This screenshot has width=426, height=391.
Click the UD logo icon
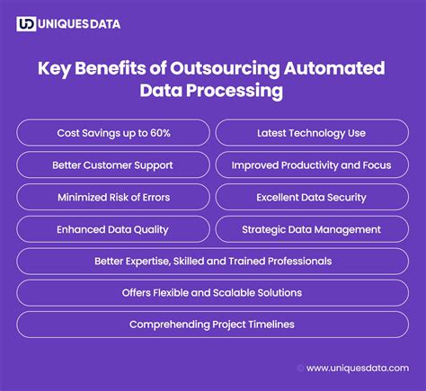coord(26,24)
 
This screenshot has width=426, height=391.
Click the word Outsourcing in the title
coord(225,68)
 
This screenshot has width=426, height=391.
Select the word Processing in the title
coord(235,91)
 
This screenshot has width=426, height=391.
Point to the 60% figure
coord(160,133)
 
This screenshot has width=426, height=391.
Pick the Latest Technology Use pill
coord(312,133)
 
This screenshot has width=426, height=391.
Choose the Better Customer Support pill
coord(113,164)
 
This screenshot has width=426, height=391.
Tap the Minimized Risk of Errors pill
coord(113,197)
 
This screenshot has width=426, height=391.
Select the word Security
coord(347,198)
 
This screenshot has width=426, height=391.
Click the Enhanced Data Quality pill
coord(113,229)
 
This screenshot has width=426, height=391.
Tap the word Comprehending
coord(170,324)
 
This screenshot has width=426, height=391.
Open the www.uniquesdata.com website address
coord(358,368)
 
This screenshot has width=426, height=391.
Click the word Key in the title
coord(54,68)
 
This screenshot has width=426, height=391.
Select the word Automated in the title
coord(334,68)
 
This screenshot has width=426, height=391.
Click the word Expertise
coord(148,262)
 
